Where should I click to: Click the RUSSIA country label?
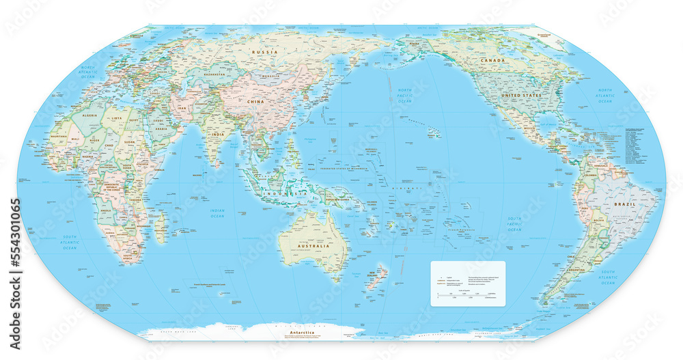(264, 52)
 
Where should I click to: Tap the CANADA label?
(494, 61)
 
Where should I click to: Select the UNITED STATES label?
(520, 95)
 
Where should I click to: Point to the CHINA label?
(255, 101)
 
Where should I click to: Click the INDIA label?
(217, 135)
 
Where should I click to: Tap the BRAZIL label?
(624, 204)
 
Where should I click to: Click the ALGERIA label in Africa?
(90, 116)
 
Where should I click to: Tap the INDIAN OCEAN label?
(217, 213)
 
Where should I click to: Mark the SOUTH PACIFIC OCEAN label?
(514, 224)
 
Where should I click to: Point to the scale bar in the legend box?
(467, 294)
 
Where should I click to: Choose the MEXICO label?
(529, 128)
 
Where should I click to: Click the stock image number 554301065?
(15, 244)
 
